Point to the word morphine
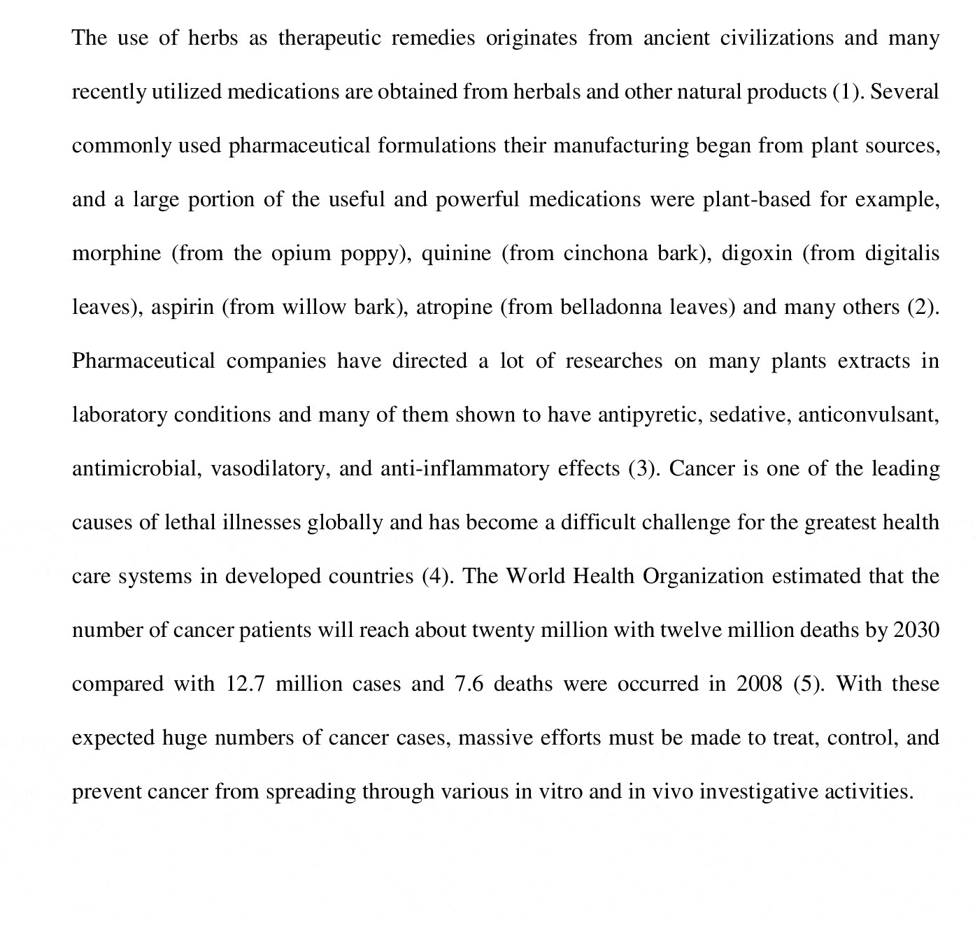click(117, 253)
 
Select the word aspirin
click(183, 307)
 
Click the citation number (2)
click(922, 307)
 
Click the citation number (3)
click(643, 468)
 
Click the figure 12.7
click(245, 684)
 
